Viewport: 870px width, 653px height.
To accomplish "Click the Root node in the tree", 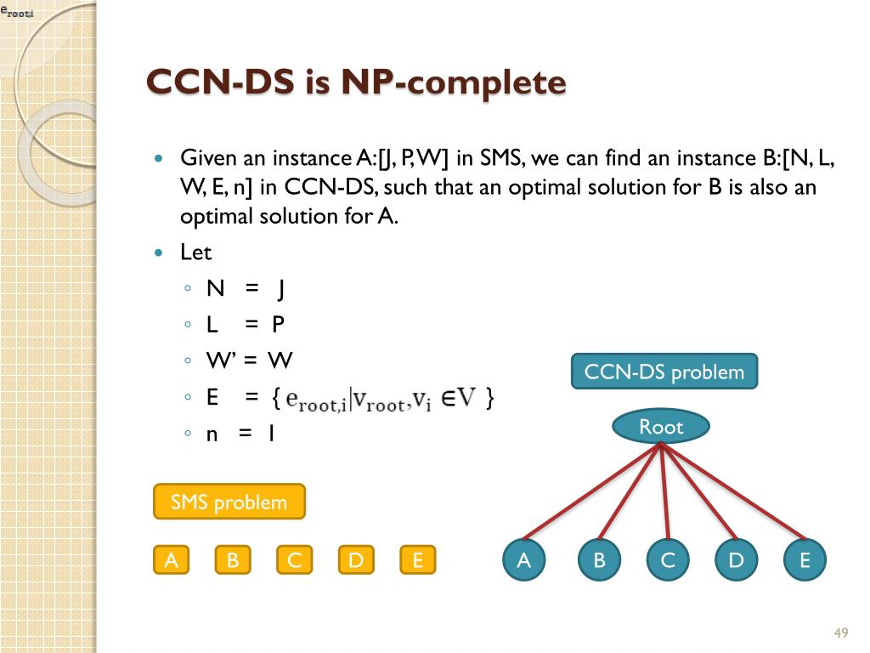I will coord(661,427).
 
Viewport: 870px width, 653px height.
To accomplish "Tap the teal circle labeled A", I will coord(524,560).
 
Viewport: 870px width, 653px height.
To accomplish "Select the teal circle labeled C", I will coord(668,560).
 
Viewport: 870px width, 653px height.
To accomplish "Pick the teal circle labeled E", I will coord(805,560).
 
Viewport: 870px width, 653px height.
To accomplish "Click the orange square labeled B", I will coord(233,560).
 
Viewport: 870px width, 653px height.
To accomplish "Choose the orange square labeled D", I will coord(356,560).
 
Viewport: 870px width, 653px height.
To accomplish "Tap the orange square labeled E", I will coord(417,560).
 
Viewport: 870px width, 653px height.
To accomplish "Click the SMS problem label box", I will coord(229,502).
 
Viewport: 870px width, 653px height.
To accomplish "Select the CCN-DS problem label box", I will coord(664,372).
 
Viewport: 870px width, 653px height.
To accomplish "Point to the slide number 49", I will coord(841,633).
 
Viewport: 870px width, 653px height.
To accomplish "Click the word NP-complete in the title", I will coord(454,83).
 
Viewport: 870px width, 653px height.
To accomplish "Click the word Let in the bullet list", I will coord(195,253).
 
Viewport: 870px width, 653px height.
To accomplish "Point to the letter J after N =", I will coord(281,289).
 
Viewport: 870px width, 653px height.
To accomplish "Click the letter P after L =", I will coord(278,325).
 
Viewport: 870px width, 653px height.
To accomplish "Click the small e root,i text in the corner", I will coord(16,11).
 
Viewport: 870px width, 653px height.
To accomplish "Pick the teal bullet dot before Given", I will coord(158,159).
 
